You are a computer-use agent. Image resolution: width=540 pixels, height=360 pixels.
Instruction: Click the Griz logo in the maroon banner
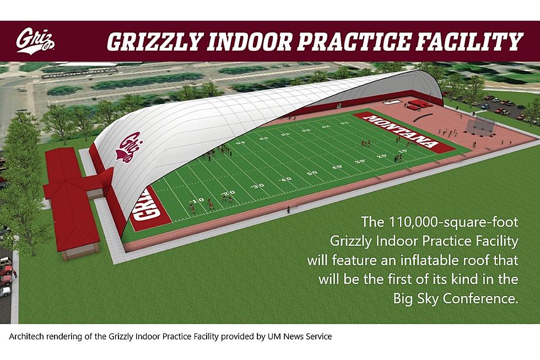click(x=35, y=41)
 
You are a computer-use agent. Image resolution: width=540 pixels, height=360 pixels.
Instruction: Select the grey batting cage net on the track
click(x=481, y=127)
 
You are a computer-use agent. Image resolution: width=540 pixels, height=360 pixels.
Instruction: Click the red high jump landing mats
click(x=418, y=105)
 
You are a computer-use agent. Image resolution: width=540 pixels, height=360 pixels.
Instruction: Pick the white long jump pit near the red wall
click(x=392, y=102)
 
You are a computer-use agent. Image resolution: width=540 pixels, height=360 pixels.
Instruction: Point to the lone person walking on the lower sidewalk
click(x=288, y=209)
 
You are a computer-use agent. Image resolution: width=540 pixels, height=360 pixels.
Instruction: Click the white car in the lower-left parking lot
click(x=5, y=292)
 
